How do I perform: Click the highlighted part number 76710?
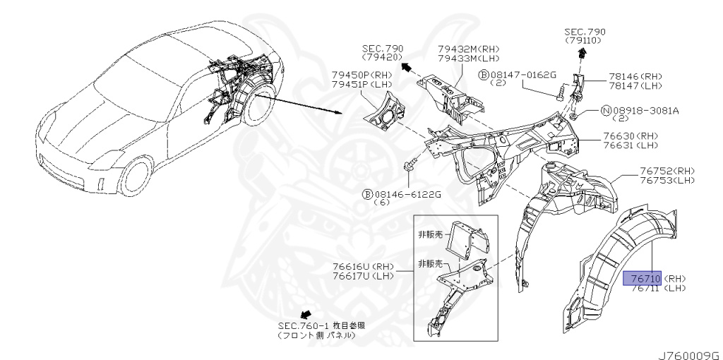pyautogui.click(x=642, y=277)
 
